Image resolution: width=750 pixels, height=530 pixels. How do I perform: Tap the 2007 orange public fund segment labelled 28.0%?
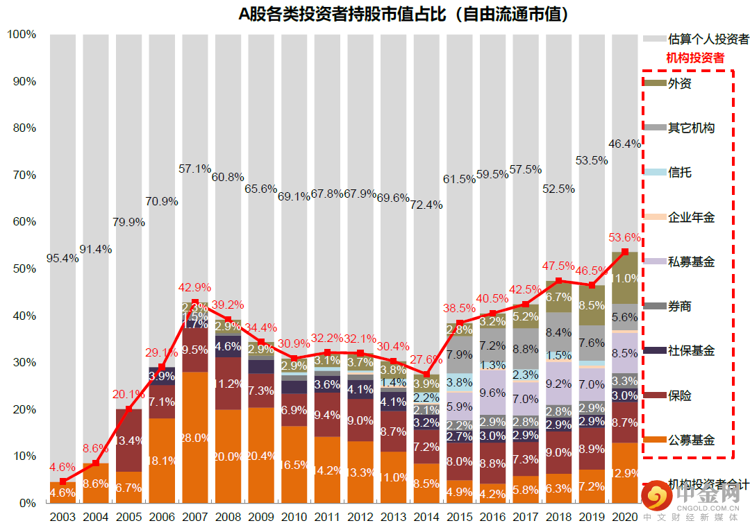pyautogui.click(x=195, y=438)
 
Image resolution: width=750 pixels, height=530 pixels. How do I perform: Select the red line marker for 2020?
pyautogui.click(x=625, y=252)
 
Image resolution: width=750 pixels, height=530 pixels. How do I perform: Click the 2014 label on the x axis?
pyautogui.click(x=426, y=517)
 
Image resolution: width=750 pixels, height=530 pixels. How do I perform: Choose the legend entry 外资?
pyautogui.click(x=679, y=83)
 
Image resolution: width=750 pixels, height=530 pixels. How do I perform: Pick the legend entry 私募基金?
pyautogui.click(x=691, y=262)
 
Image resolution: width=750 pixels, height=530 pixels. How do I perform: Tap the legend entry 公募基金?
pyautogui.click(x=691, y=440)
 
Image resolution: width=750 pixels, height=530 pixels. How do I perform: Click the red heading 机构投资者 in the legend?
pyautogui.click(x=695, y=58)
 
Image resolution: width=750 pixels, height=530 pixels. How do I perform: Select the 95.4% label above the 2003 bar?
pyautogui.click(x=62, y=258)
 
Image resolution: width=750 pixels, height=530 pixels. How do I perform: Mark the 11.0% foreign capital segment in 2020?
pyautogui.click(x=625, y=278)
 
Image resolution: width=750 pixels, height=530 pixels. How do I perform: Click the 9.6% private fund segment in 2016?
pyautogui.click(x=493, y=393)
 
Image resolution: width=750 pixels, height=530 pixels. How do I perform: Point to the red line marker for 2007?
pyautogui.click(x=195, y=302)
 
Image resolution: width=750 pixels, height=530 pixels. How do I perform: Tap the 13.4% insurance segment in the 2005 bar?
pyautogui.click(x=129, y=441)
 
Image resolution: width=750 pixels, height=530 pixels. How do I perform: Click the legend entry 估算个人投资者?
pyautogui.click(x=708, y=39)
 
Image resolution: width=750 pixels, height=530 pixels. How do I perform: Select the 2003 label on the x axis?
pyautogui.click(x=62, y=517)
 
